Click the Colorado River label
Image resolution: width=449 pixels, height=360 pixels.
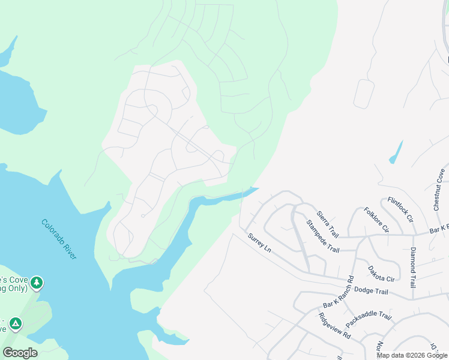coord(59,239)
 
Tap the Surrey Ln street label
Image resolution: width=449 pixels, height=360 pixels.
coord(260,243)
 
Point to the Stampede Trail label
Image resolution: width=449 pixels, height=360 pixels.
coord(322,236)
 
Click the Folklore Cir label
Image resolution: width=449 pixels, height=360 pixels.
coord(376,220)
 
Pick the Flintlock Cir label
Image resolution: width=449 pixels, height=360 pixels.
coord(400,209)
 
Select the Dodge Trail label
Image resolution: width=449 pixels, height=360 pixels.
coord(371,290)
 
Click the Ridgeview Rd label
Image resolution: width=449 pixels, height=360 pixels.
coord(334,326)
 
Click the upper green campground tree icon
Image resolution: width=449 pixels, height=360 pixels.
coord(37,282)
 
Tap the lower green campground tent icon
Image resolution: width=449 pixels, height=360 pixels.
coord(15,324)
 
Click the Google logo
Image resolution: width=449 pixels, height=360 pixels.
coord(20,353)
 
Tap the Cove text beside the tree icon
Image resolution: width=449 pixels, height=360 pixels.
coord(12,280)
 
